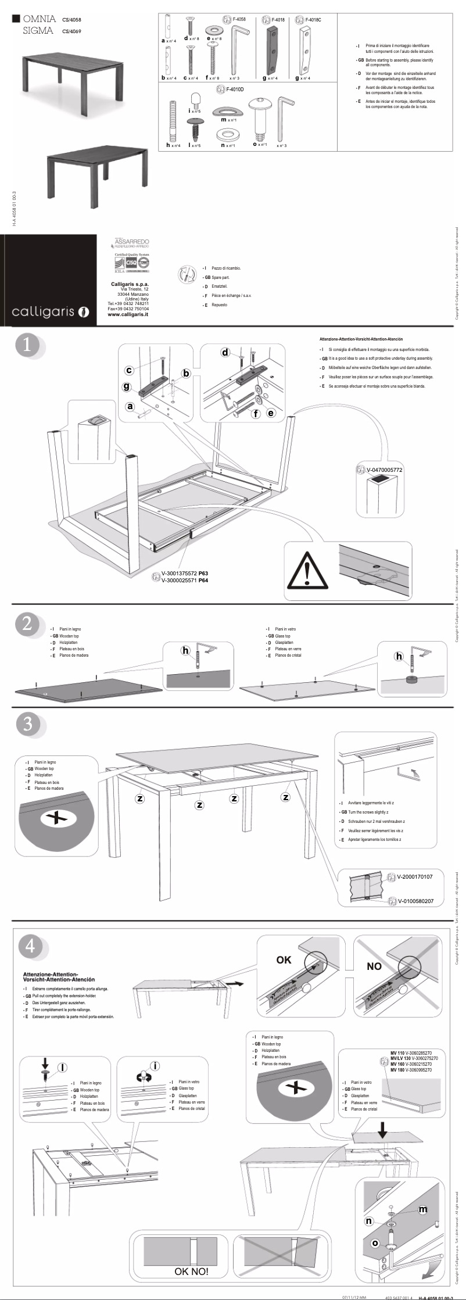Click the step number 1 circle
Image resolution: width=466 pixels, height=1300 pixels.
click(x=27, y=345)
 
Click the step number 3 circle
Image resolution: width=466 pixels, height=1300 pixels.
click(x=27, y=724)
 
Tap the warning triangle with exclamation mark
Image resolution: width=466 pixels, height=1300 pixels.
click(x=307, y=568)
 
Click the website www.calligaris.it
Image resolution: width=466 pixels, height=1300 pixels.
click(x=128, y=314)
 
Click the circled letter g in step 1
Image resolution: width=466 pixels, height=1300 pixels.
click(x=126, y=386)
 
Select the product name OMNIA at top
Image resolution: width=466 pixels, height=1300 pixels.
click(x=39, y=19)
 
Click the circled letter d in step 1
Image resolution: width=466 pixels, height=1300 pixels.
click(x=225, y=352)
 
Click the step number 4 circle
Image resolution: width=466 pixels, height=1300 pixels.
click(x=30, y=946)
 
